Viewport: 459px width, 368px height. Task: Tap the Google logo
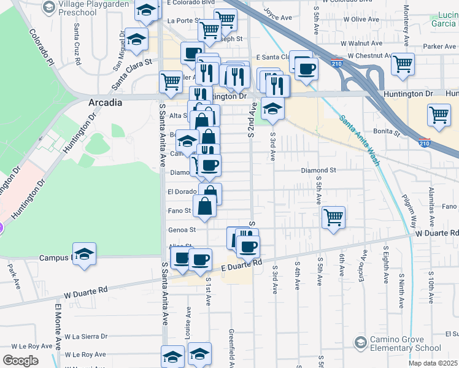(x=21, y=361)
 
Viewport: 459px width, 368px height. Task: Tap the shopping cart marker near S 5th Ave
(x=333, y=217)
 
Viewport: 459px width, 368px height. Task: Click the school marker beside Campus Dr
(x=84, y=254)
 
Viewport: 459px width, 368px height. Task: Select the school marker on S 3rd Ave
(x=272, y=109)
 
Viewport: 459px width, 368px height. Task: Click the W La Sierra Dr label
(x=85, y=336)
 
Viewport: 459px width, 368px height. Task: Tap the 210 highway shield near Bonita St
(x=424, y=143)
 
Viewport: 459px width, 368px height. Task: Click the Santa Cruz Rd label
(x=77, y=44)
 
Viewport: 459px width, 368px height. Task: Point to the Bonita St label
(x=388, y=132)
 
